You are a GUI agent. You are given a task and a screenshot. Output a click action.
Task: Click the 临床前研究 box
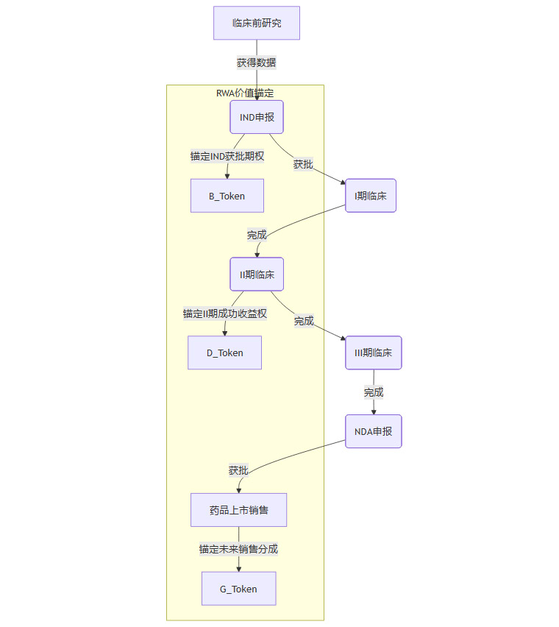(257, 23)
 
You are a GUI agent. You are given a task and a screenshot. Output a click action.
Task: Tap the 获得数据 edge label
(257, 63)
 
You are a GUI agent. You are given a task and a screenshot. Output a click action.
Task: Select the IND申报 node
(257, 117)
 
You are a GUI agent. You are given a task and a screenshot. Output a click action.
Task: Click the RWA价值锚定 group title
(245, 93)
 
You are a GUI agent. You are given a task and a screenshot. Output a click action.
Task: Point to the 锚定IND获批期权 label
(227, 156)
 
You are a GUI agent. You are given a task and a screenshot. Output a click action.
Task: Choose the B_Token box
(227, 196)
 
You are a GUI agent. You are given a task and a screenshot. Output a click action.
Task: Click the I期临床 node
(371, 196)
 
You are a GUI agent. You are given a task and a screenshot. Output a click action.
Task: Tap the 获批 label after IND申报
(303, 164)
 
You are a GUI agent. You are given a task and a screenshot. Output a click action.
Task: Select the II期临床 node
(257, 274)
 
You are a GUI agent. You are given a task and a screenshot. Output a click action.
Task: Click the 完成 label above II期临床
(257, 235)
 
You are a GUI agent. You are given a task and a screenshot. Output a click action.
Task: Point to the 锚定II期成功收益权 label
(225, 313)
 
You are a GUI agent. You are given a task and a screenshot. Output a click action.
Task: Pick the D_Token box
(225, 353)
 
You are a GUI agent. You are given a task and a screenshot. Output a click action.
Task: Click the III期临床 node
(374, 353)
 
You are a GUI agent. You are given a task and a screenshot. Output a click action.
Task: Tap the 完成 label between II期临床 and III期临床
(304, 321)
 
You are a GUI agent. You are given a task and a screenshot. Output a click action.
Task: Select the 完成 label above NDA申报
(374, 392)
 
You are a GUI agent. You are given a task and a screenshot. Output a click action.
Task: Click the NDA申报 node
(374, 431)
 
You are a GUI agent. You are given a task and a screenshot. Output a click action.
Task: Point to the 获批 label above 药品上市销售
(238, 470)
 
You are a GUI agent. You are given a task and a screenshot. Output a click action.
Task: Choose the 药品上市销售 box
(238, 510)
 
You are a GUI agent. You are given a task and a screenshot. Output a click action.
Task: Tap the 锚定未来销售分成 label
(238, 549)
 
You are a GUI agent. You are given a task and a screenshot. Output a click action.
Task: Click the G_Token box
(238, 589)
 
